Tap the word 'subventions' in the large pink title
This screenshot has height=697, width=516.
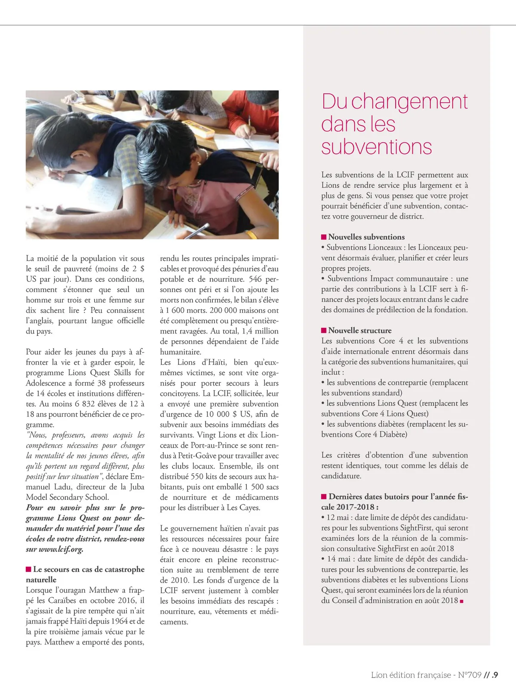click(x=376, y=147)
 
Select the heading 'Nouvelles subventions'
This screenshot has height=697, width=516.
click(x=366, y=237)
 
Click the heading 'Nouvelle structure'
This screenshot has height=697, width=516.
click(x=360, y=330)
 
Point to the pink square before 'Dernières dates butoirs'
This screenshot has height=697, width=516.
click(x=324, y=497)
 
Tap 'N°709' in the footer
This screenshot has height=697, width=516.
click(x=470, y=675)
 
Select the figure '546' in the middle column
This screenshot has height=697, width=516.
click(x=255, y=279)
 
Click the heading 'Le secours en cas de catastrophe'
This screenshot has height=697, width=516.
click(x=89, y=569)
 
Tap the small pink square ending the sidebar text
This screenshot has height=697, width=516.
click(x=462, y=601)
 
